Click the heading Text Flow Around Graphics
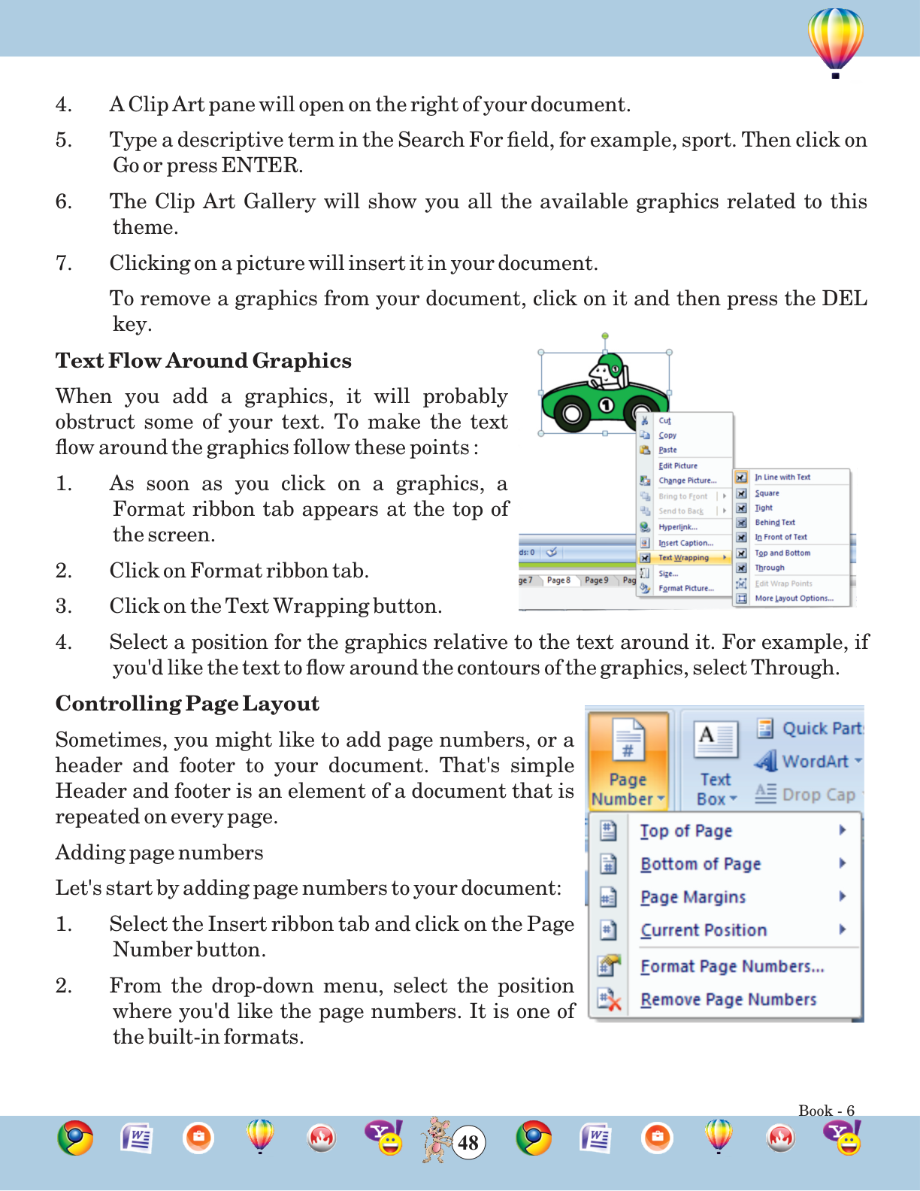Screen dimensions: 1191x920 point(204,361)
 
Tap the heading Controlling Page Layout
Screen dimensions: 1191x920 point(187,704)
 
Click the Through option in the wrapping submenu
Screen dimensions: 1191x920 point(770,568)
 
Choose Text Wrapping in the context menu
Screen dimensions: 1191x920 point(683,558)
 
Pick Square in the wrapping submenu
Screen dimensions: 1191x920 point(767,493)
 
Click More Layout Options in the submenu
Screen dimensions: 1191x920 point(794,599)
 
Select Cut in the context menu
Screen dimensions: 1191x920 point(664,421)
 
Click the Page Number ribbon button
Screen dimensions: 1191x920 point(628,761)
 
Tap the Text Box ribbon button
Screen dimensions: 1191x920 point(716,762)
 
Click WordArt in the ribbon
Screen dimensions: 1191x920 point(815,761)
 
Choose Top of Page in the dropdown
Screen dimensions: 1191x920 point(685,831)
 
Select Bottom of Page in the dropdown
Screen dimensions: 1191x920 point(701,864)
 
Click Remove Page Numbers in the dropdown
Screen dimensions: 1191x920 point(728,999)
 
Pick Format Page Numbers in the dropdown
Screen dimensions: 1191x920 point(732,966)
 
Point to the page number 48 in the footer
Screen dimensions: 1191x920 point(468,1143)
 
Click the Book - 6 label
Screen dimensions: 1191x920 point(826,1111)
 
